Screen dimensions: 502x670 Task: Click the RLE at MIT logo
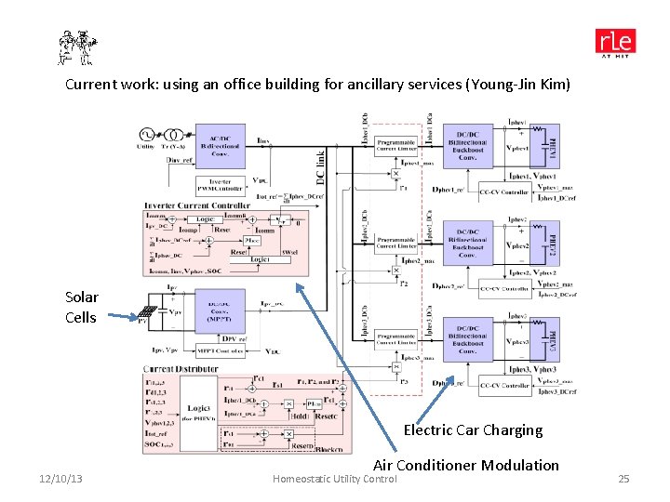615,44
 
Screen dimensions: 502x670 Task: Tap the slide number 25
623,479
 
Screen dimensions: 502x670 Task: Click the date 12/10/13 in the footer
60,479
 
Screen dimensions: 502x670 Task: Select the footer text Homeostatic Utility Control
333,479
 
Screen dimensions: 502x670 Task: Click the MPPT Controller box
220,350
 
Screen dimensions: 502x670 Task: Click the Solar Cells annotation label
80,307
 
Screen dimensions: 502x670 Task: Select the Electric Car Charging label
472,429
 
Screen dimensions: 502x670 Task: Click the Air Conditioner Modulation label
466,465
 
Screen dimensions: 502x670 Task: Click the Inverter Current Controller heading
196,205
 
